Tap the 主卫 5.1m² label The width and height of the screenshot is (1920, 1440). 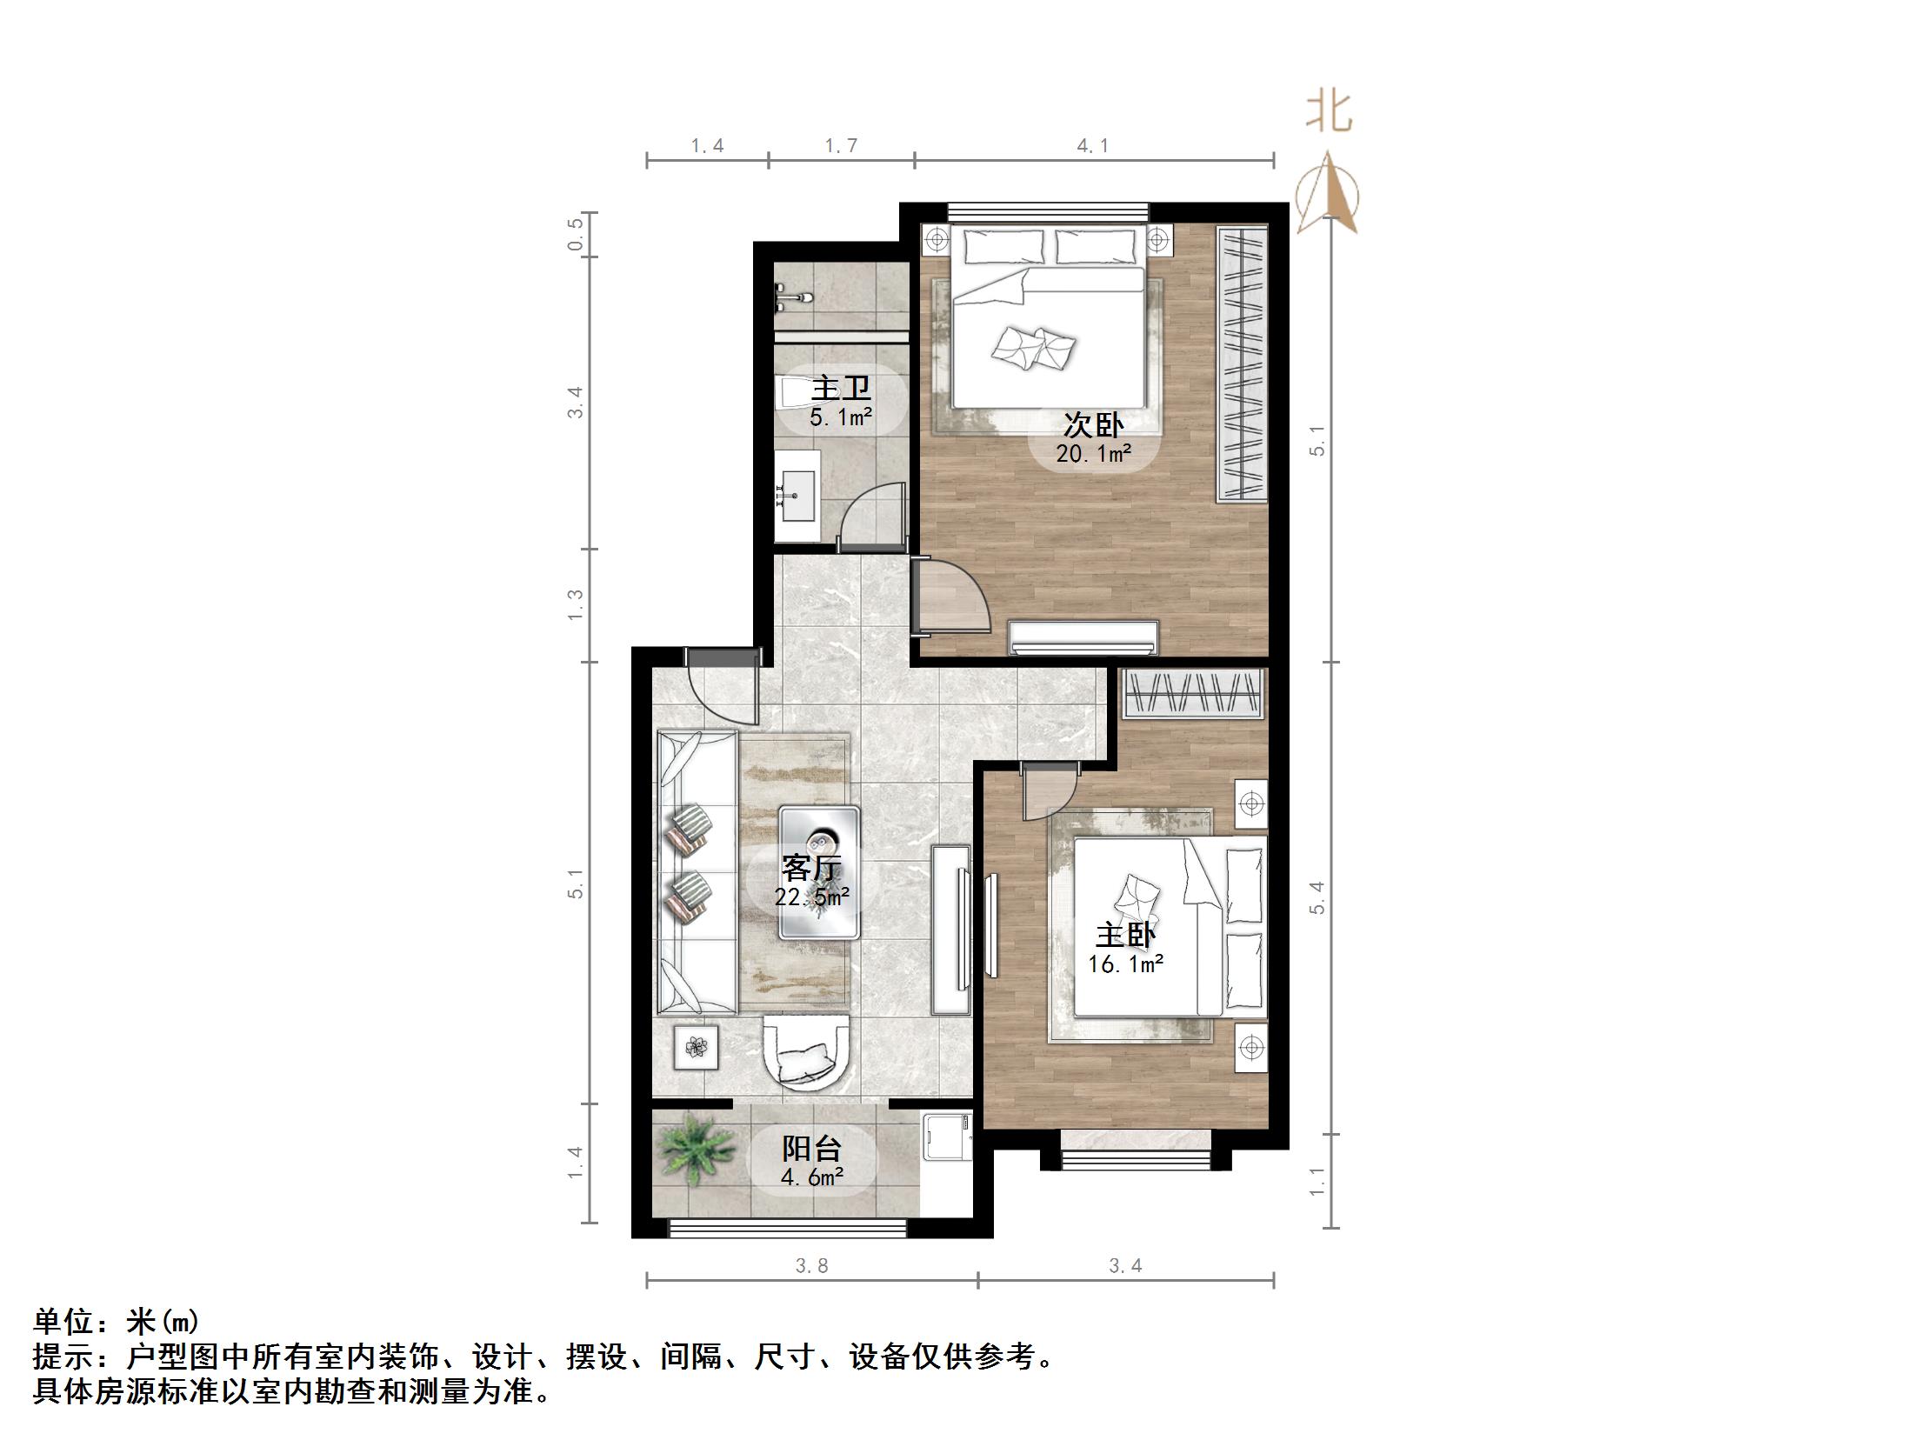click(x=840, y=402)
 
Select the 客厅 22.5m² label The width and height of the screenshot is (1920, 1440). click(x=811, y=881)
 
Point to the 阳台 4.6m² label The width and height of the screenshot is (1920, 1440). click(x=811, y=1161)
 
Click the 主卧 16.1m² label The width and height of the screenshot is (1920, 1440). click(x=1125, y=949)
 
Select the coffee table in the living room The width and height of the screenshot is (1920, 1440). click(x=819, y=872)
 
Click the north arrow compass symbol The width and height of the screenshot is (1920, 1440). click(x=1327, y=195)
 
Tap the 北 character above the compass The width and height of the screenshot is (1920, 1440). click(x=1329, y=112)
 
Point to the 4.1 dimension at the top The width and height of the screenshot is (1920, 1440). click(x=1093, y=146)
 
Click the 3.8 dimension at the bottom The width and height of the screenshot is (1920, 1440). click(x=811, y=1265)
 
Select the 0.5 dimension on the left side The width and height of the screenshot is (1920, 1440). click(x=575, y=234)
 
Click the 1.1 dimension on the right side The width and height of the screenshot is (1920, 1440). click(x=1317, y=1180)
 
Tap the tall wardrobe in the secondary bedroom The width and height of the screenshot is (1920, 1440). click(x=1241, y=363)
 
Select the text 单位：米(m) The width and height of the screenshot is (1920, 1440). click(x=117, y=1322)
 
